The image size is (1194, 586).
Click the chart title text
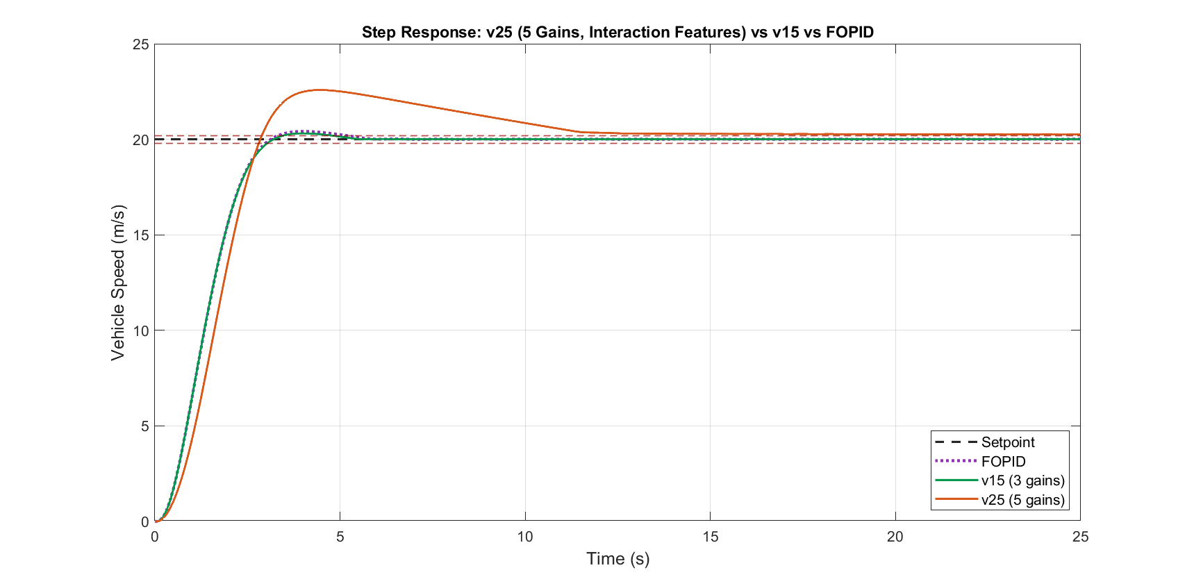point(617,32)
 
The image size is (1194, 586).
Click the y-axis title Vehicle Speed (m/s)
point(118,283)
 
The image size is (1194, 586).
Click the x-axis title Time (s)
point(617,559)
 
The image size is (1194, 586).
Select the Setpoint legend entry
point(985,442)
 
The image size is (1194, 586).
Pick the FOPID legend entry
point(980,461)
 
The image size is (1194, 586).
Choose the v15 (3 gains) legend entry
point(1000,480)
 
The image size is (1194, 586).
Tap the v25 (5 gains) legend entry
point(1000,500)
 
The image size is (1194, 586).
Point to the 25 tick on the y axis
point(141,44)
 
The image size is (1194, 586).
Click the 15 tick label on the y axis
point(141,235)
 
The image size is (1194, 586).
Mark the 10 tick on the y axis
point(141,330)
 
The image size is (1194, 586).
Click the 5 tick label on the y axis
point(145,426)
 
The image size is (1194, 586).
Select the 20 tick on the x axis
point(895,536)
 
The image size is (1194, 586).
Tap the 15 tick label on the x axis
point(710,536)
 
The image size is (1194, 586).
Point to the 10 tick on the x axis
point(525,536)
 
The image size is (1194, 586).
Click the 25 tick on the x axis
point(1080,536)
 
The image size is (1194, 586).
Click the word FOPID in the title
point(849,32)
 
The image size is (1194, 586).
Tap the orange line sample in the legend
point(956,499)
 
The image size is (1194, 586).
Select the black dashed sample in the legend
point(956,442)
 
